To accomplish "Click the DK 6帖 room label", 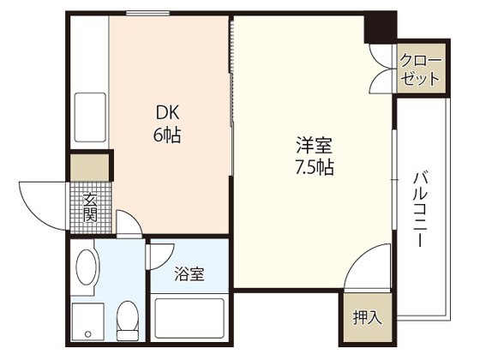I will tap(167, 124).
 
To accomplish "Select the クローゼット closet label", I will tap(421, 69).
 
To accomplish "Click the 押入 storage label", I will tap(367, 316).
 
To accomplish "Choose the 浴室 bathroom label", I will tap(189, 274).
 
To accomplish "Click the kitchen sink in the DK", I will tap(89, 111).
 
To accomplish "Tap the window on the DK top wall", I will tap(146, 12).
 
